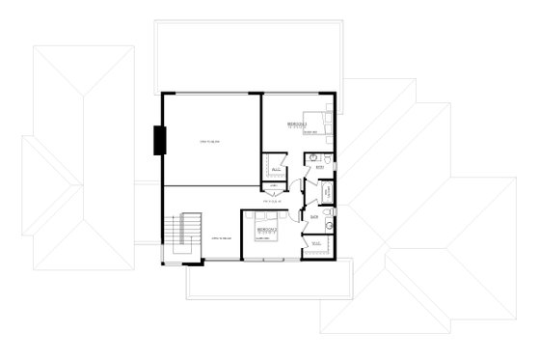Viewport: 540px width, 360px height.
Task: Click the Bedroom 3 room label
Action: (x=297, y=125)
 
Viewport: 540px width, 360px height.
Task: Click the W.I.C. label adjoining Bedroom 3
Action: (x=275, y=166)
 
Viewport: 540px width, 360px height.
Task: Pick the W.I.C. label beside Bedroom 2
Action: (x=314, y=243)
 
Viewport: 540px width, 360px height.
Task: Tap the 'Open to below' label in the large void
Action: (x=211, y=143)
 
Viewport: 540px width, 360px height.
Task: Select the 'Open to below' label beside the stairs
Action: (x=220, y=237)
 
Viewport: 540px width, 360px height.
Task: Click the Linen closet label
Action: (x=274, y=185)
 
